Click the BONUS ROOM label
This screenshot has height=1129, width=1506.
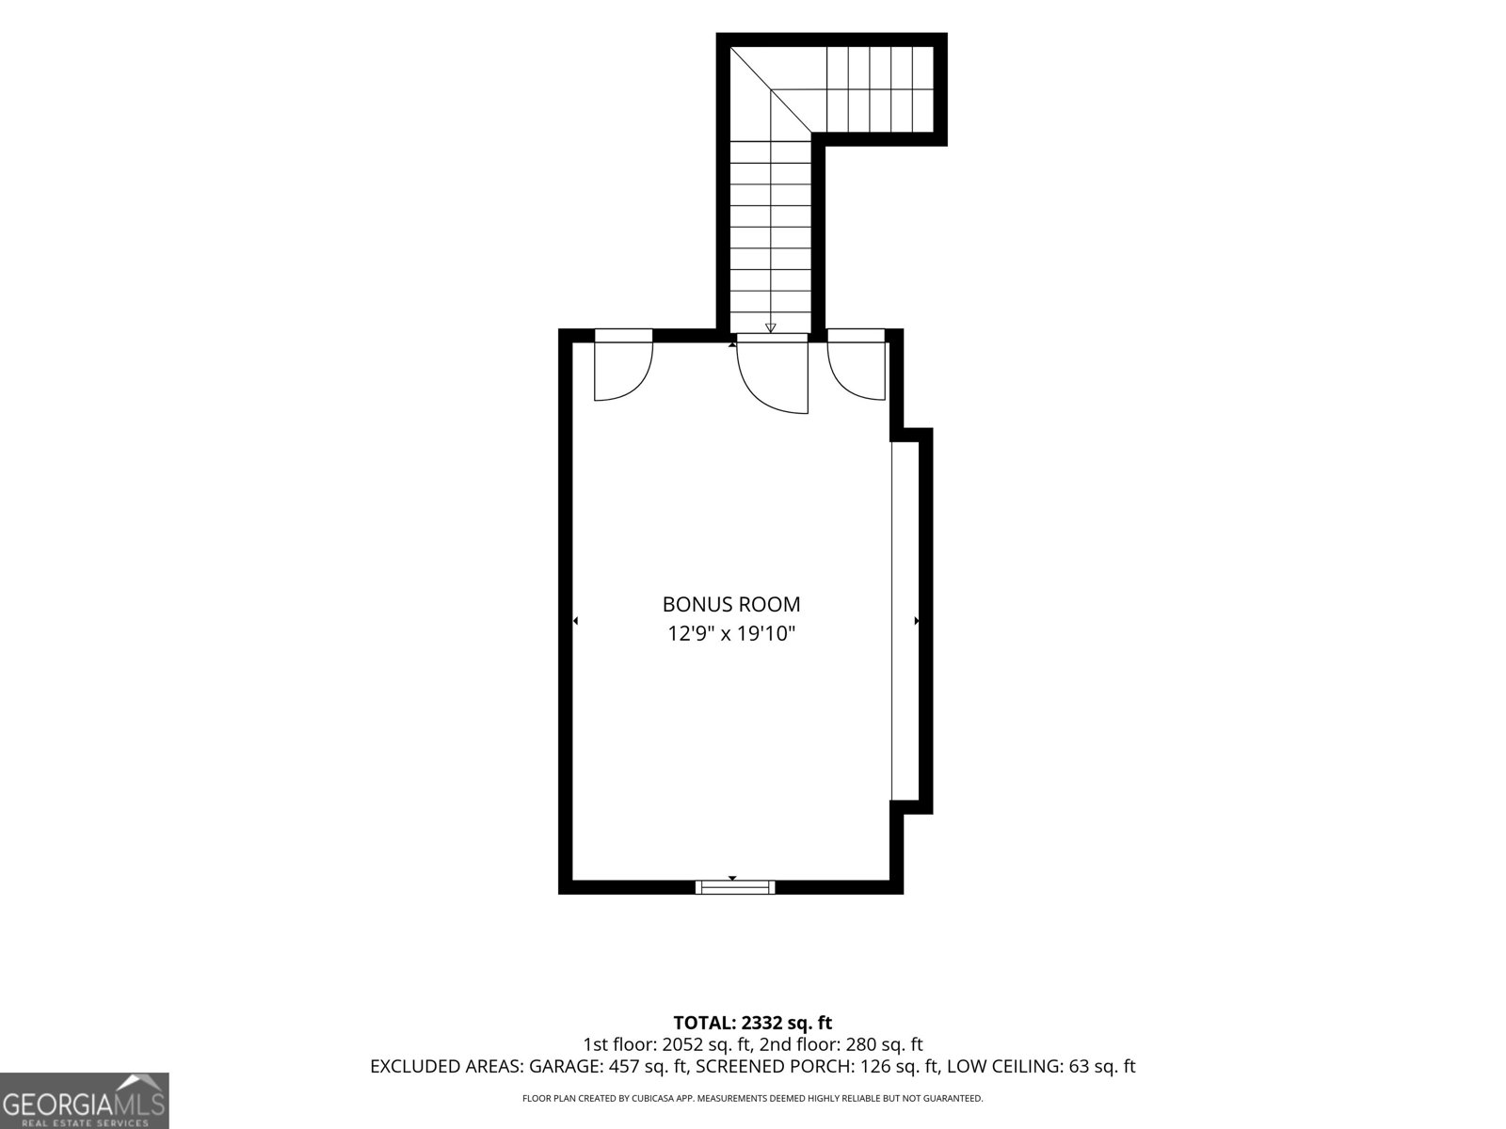click(730, 604)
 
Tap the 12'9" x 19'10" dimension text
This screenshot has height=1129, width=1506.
click(731, 633)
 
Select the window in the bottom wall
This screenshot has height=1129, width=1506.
click(735, 888)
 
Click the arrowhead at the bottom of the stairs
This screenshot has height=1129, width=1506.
click(771, 327)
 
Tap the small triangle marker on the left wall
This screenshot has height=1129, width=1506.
click(576, 621)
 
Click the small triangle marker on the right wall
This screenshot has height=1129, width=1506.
click(917, 621)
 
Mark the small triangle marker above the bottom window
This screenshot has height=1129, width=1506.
click(732, 878)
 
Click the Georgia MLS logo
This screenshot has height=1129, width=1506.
click(84, 1101)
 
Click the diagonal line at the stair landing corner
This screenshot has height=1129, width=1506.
click(771, 89)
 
